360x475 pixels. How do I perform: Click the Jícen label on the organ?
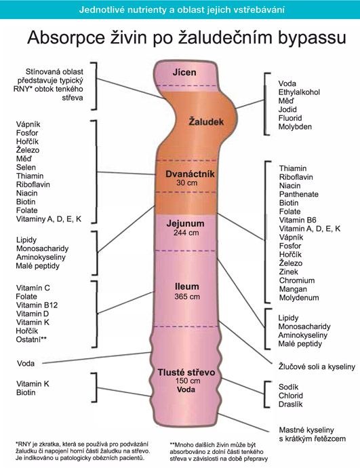click(x=184, y=73)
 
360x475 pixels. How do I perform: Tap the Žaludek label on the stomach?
click(x=206, y=121)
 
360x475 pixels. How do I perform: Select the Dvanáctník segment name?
click(x=190, y=174)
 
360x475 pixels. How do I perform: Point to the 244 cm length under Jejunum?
click(x=186, y=233)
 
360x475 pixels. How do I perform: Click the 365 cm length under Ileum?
click(x=187, y=297)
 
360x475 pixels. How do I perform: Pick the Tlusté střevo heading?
click(x=186, y=373)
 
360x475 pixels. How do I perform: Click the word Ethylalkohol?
click(x=299, y=92)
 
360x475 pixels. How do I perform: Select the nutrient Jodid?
click(x=287, y=109)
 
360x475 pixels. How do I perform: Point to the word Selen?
click(x=26, y=167)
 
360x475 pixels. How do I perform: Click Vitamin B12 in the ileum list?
click(x=37, y=305)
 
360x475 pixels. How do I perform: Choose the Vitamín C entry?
click(x=33, y=288)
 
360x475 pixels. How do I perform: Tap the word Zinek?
click(x=289, y=271)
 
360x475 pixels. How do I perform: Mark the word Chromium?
click(x=297, y=280)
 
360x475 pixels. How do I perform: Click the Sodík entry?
click(x=289, y=387)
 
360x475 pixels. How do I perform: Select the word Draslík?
click(x=291, y=404)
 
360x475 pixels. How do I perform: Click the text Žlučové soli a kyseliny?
click(x=317, y=367)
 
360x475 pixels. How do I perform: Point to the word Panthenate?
click(x=299, y=194)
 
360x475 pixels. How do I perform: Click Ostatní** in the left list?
click(x=31, y=339)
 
